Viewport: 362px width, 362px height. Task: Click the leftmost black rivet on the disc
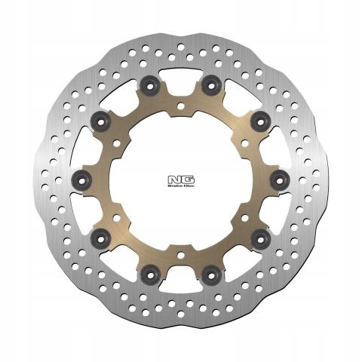click(83, 179)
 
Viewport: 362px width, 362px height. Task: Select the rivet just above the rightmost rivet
click(260, 118)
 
